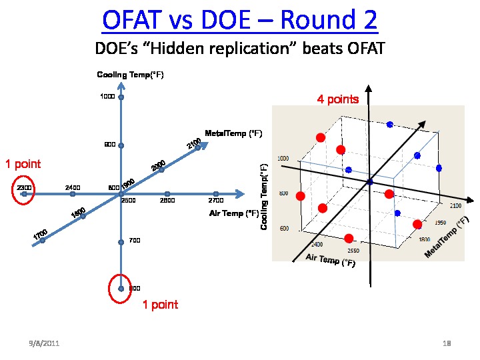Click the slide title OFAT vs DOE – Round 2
pos(240,21)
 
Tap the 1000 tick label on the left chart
pos(107,97)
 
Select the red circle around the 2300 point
pos(24,187)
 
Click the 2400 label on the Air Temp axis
pos(73,188)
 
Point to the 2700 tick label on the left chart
pos(216,200)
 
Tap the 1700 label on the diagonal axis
pos(40,235)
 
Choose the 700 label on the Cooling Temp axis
pos(134,240)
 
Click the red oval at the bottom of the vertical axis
pos(121,287)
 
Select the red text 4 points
pos(338,100)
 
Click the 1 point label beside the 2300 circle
pos(23,164)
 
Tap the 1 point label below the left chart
pos(160,305)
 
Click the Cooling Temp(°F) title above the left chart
pos(131,75)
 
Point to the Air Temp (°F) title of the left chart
pos(234,213)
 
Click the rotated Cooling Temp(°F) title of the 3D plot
pos(264,198)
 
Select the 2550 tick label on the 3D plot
pos(353,251)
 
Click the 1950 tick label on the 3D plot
pos(441,223)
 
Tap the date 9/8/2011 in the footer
pos(44,343)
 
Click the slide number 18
pos(447,343)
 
